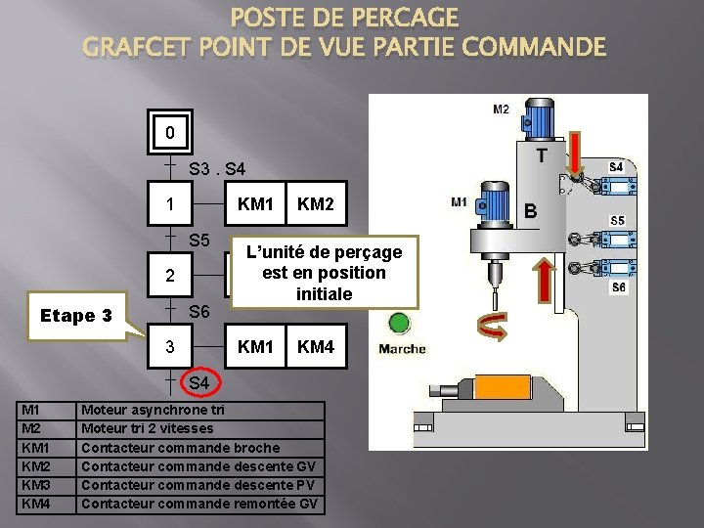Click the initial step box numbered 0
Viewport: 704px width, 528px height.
click(170, 132)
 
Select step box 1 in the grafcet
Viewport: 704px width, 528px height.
click(170, 206)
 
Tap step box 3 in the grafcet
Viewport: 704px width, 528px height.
click(170, 347)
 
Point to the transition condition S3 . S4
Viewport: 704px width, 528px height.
click(218, 169)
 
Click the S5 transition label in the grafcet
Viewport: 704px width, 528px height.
click(200, 241)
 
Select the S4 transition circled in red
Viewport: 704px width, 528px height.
click(199, 382)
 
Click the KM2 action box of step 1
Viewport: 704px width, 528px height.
click(314, 206)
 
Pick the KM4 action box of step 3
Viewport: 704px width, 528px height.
click(314, 347)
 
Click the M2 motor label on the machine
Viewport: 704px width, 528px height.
click(501, 110)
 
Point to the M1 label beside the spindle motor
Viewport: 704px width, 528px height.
click(459, 202)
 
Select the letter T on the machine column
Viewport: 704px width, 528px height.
click(540, 155)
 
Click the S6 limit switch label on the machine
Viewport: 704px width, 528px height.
click(618, 287)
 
